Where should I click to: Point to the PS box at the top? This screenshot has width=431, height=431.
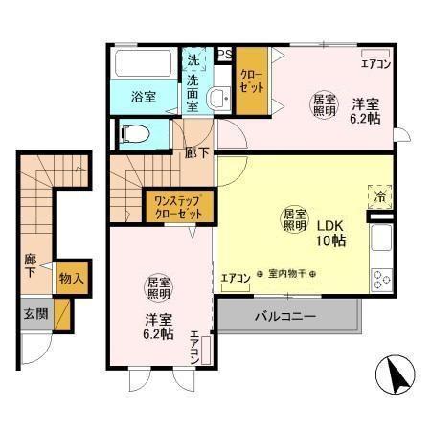225,55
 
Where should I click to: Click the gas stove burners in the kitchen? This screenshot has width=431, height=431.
381,279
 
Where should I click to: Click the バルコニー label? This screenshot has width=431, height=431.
286,316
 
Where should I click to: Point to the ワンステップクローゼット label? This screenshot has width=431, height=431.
178,207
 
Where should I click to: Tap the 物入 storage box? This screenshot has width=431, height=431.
68,280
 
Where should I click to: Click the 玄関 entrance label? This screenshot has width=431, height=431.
34,313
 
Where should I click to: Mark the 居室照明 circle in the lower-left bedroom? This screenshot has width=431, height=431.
158,289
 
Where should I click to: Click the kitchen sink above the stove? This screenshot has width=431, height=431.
380,238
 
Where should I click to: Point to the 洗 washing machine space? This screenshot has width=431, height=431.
193,60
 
